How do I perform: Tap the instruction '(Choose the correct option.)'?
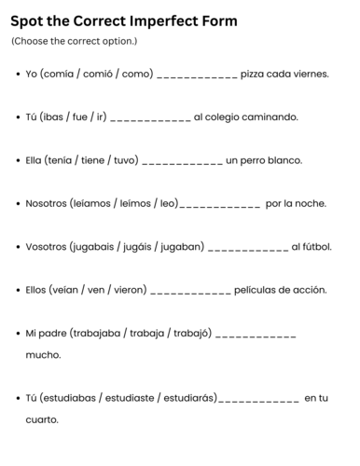tap(74, 42)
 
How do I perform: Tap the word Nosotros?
tap(46, 203)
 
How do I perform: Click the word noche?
tap(311, 203)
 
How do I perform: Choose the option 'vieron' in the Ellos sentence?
tap(129, 290)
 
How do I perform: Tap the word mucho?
tap(43, 355)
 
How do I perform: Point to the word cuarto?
tap(42, 420)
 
